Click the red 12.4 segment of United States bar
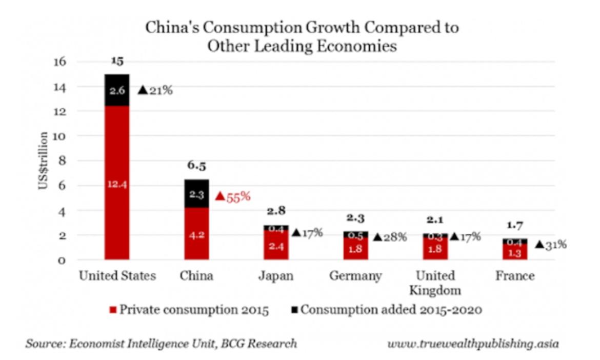tap(117, 183)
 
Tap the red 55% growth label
tap(233, 196)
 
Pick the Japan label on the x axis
tap(275, 276)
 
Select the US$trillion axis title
tap(44, 161)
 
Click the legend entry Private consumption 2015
tap(189, 310)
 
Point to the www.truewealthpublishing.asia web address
tap(472, 343)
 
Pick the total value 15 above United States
tap(117, 62)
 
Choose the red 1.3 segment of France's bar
tap(515, 252)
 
